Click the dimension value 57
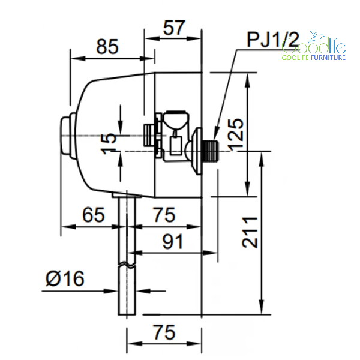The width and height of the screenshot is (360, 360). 174,28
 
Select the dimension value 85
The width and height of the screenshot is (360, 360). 107,47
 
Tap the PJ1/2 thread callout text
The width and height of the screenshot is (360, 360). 273,40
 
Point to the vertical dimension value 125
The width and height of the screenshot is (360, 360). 235,135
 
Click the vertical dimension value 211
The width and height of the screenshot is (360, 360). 250,232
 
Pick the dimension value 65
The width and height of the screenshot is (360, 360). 94,215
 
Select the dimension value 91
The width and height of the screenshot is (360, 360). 173,242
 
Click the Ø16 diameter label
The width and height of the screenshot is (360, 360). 65,278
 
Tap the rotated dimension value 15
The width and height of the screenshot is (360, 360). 109,143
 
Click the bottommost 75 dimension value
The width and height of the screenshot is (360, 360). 164,332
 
